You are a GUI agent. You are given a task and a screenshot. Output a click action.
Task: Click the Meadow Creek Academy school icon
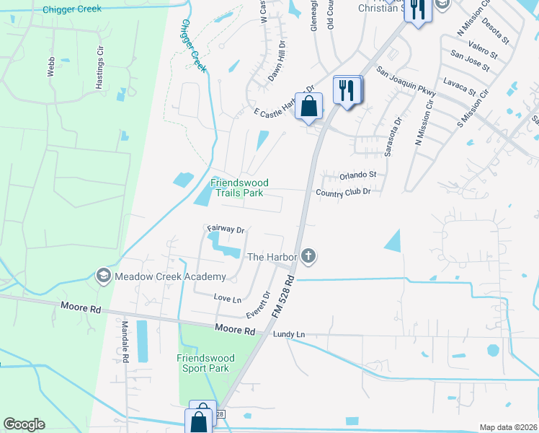click(x=104, y=276)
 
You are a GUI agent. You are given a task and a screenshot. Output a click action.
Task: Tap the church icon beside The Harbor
click(x=308, y=255)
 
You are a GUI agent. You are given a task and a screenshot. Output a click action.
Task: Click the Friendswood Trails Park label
click(x=236, y=188)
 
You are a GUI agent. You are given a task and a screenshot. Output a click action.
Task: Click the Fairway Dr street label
click(x=226, y=229)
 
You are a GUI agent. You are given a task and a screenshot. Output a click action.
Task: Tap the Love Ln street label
click(x=226, y=297)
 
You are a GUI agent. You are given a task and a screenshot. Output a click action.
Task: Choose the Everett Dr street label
click(x=257, y=305)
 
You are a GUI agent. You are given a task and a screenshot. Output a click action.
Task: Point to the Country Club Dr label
click(x=343, y=192)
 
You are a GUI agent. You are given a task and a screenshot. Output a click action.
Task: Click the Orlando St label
click(x=359, y=175)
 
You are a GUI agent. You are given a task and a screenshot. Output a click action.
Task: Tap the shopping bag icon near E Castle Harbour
click(x=308, y=106)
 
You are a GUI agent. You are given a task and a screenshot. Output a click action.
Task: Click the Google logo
click(x=24, y=424)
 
